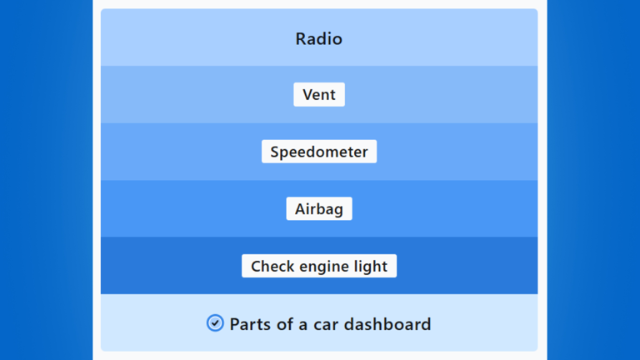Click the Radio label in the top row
click(319, 39)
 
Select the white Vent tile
click(319, 95)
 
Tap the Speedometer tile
click(319, 152)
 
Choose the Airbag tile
click(319, 209)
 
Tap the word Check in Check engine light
click(272, 266)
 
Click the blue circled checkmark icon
click(215, 323)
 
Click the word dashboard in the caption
click(387, 324)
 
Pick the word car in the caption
click(326, 325)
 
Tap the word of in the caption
click(285, 324)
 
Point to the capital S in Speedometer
click(275, 152)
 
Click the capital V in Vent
click(308, 95)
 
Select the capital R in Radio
click(301, 39)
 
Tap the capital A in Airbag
click(301, 209)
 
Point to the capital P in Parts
click(235, 324)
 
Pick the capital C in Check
click(257, 266)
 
